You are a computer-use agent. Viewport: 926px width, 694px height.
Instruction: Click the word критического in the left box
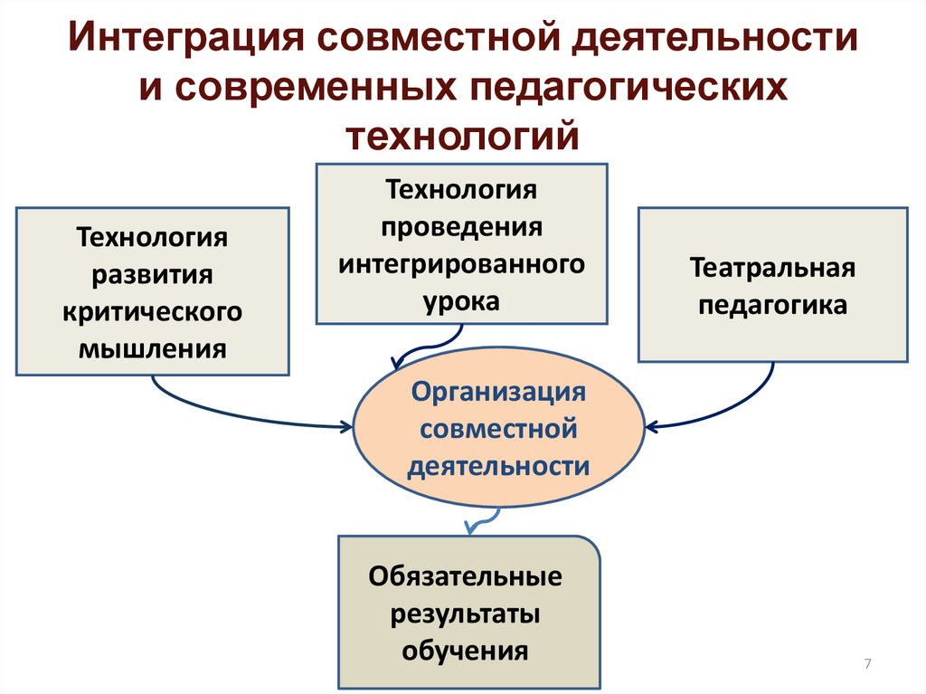(152, 310)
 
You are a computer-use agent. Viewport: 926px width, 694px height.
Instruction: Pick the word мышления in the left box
(152, 347)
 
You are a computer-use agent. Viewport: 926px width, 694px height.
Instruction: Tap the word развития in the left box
(152, 274)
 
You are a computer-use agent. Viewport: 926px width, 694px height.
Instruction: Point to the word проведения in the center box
(461, 226)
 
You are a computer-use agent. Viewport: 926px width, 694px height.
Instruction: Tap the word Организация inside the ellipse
(498, 392)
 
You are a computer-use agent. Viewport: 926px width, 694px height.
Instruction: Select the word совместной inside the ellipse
(498, 428)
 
